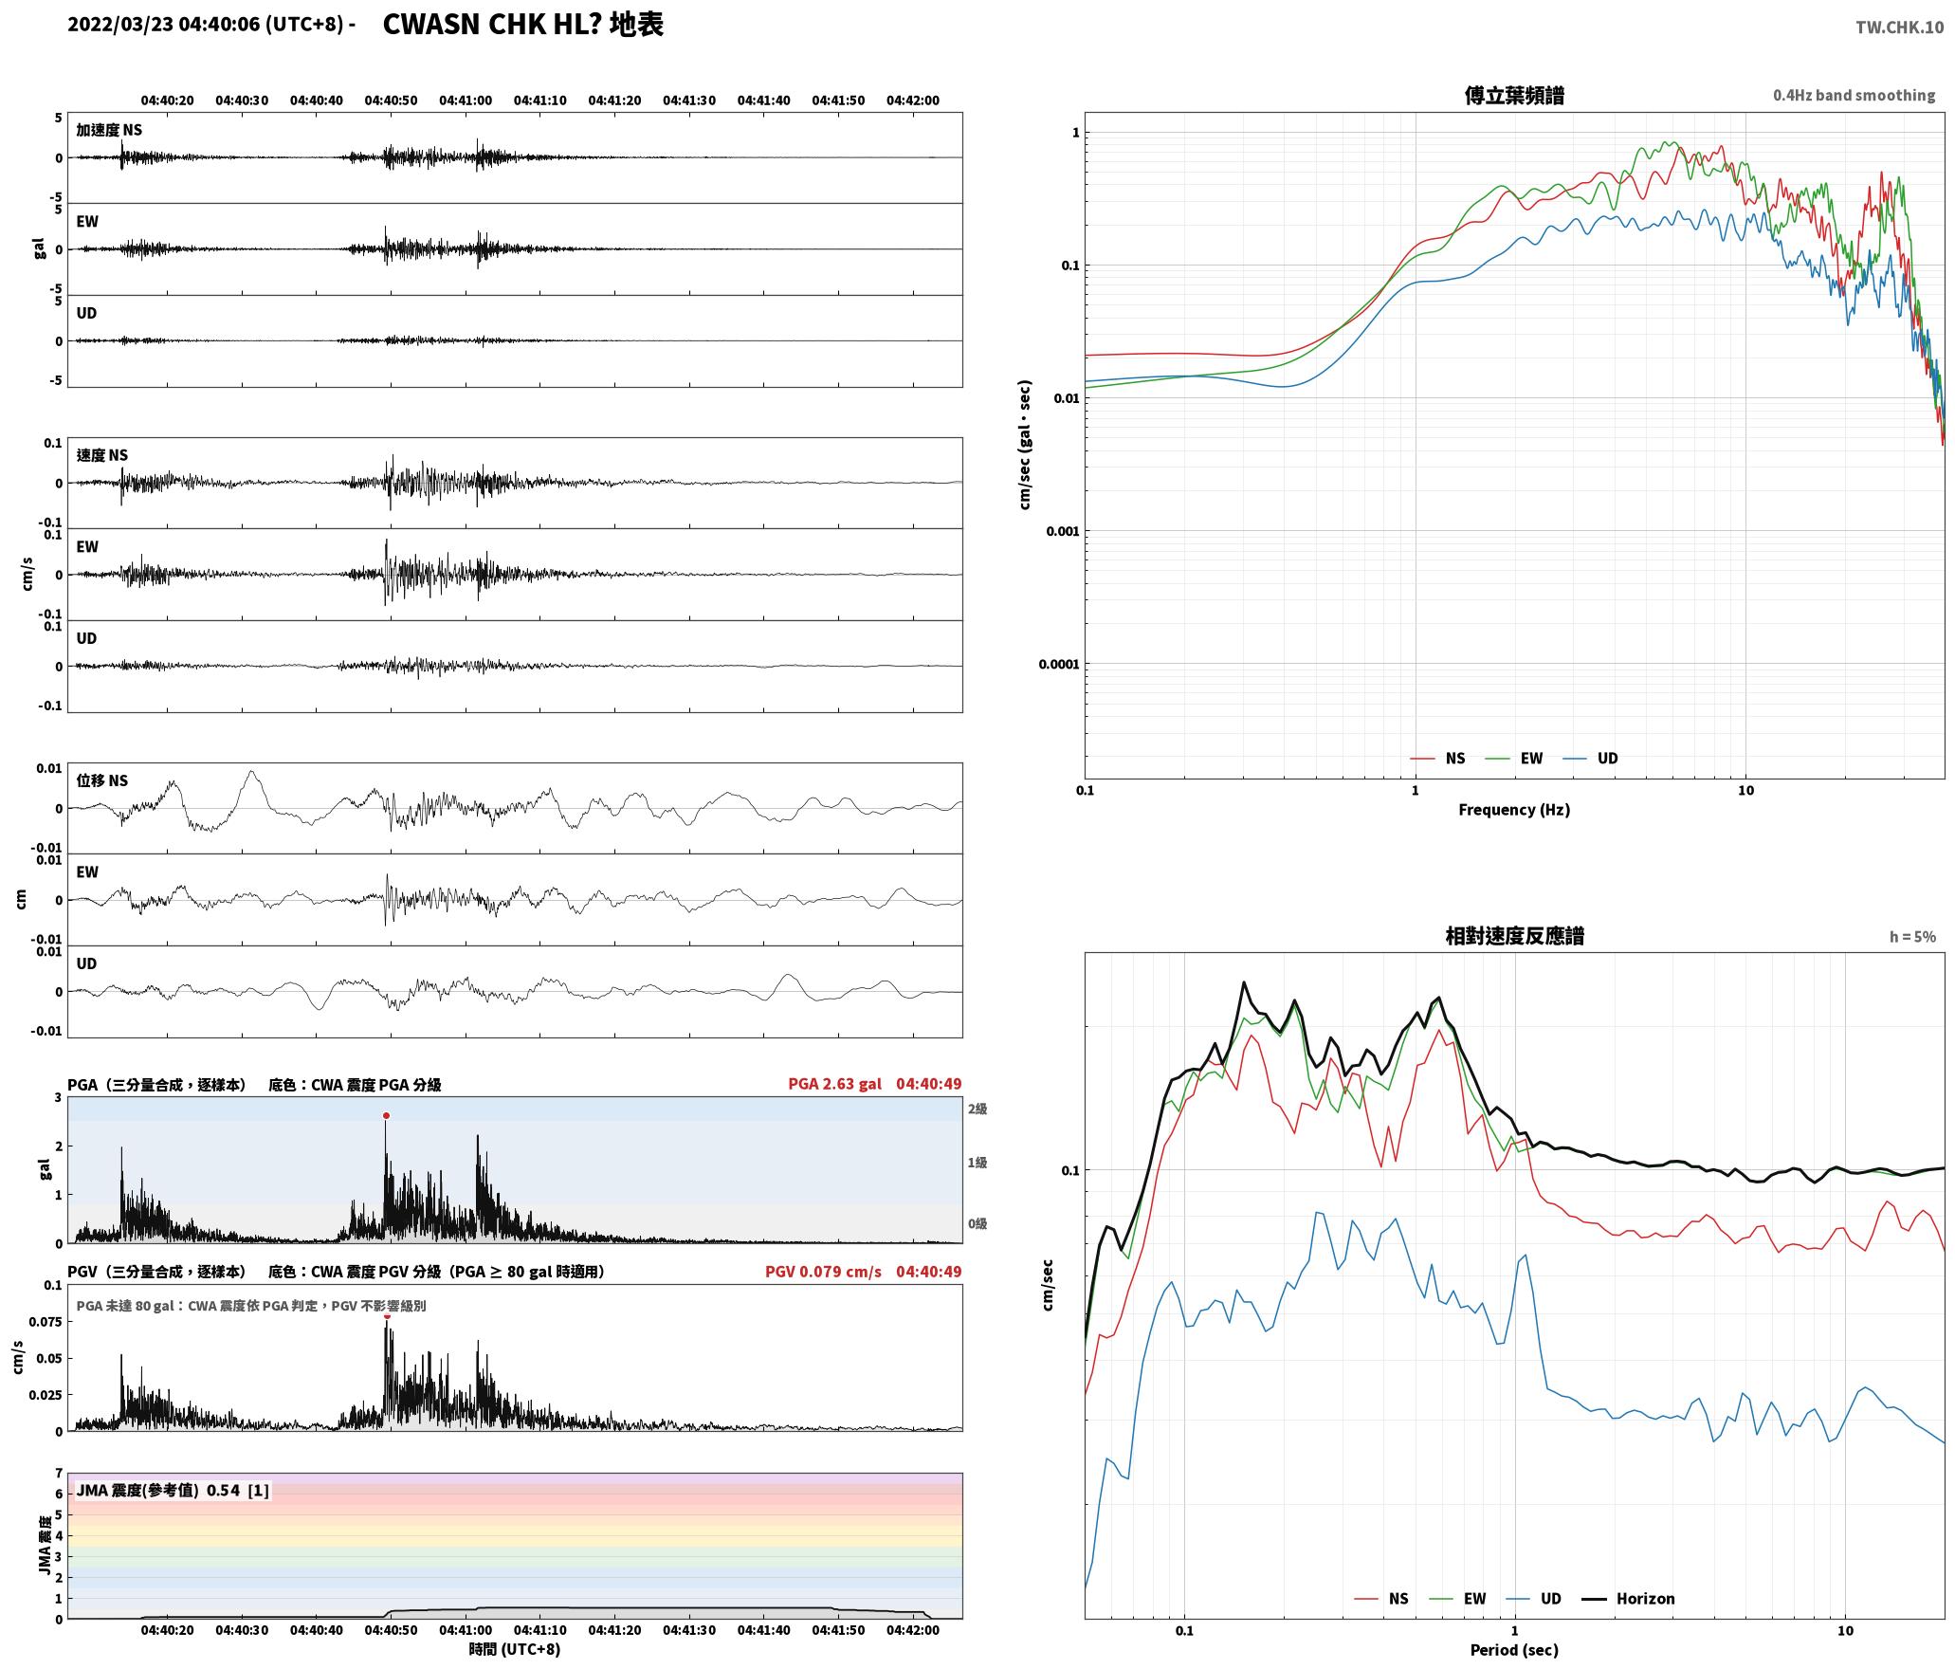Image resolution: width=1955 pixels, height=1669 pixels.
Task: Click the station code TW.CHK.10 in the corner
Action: click(x=1899, y=28)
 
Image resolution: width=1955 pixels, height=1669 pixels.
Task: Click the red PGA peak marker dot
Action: click(x=386, y=1115)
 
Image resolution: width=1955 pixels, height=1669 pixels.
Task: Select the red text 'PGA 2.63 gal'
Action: click(x=834, y=1084)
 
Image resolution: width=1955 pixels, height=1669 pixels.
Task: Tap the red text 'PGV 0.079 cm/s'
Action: click(x=823, y=1271)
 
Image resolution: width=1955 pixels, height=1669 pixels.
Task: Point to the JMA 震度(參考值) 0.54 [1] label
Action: click(x=173, y=1491)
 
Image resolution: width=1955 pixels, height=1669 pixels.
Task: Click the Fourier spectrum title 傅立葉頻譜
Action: click(x=1514, y=96)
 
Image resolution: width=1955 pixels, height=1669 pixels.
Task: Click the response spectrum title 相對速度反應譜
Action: click(x=1514, y=936)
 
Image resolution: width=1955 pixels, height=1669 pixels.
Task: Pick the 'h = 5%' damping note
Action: click(x=1912, y=937)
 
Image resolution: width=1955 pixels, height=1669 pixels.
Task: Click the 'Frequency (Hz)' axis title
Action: click(x=1514, y=810)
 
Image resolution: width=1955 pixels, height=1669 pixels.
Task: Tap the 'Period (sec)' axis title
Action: click(x=1514, y=1650)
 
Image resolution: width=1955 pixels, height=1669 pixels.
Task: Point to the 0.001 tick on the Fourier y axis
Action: click(x=1062, y=531)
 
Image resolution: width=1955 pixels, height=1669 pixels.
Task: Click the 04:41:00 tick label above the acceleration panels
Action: click(x=466, y=101)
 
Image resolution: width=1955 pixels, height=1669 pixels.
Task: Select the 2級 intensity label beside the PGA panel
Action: click(x=977, y=1110)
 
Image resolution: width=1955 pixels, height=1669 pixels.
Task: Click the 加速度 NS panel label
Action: click(x=109, y=130)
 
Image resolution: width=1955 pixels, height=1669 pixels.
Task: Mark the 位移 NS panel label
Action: click(x=101, y=780)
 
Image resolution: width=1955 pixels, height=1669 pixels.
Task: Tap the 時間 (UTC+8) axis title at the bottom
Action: click(x=515, y=1649)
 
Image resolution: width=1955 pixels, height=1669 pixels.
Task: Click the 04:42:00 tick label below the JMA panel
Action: click(x=913, y=1630)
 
